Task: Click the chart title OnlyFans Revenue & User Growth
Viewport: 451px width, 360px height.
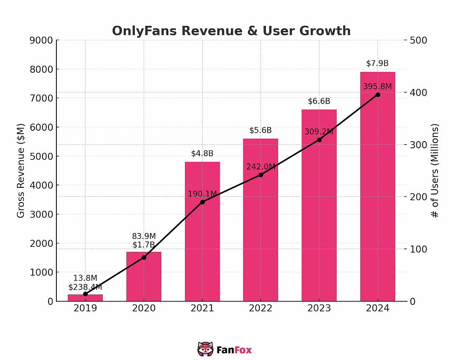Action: click(231, 31)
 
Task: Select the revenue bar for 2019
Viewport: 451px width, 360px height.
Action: click(85, 298)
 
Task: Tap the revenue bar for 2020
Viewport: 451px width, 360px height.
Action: click(144, 276)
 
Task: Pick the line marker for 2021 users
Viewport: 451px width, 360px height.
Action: click(202, 202)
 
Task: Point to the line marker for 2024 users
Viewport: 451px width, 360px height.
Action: click(378, 95)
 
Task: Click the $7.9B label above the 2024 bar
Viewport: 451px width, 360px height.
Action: click(378, 63)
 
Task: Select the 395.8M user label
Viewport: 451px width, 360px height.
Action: click(378, 86)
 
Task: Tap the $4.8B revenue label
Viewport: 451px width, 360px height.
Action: click(202, 154)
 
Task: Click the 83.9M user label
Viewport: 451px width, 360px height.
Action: click(144, 236)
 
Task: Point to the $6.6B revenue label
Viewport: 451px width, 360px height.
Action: click(319, 101)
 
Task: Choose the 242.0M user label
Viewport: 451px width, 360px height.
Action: click(261, 167)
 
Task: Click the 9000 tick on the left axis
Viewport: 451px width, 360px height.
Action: click(41, 40)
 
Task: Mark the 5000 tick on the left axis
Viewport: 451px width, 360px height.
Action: click(41, 156)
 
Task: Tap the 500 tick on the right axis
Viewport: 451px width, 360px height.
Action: click(418, 40)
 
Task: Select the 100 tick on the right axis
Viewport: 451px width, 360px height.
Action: click(418, 249)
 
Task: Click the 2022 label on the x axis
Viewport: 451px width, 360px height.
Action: click(261, 309)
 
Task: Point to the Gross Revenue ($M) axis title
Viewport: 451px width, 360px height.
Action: click(21, 171)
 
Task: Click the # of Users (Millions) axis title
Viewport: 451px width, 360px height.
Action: click(435, 171)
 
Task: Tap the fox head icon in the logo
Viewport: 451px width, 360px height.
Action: click(205, 349)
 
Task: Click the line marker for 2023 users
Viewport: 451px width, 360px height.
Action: click(319, 140)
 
